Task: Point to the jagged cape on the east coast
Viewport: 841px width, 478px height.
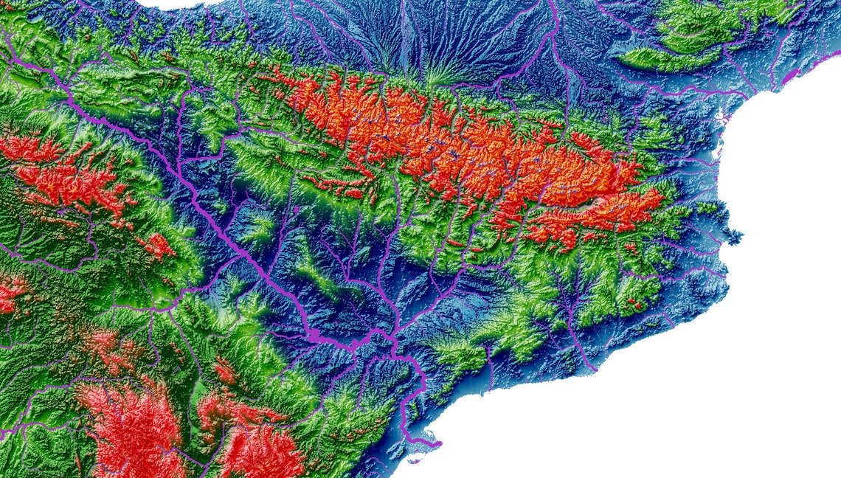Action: (734, 236)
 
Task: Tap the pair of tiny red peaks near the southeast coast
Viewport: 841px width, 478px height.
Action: (633, 302)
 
